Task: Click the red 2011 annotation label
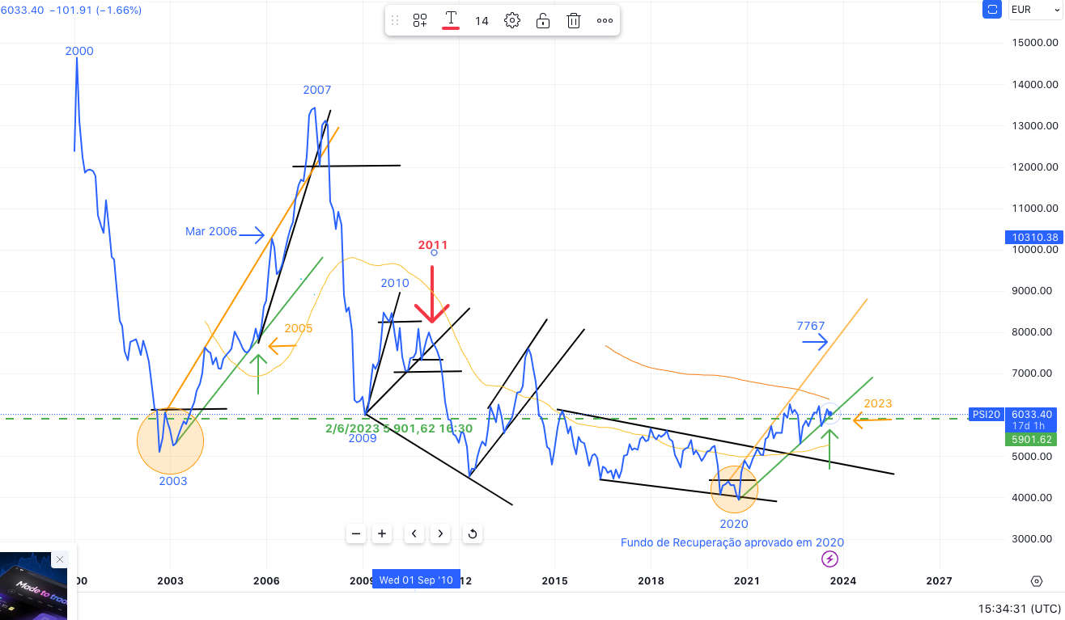click(x=432, y=245)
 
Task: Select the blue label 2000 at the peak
click(x=79, y=51)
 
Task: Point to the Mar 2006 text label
click(x=211, y=231)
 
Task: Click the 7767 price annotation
click(x=810, y=327)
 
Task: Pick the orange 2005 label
click(x=298, y=328)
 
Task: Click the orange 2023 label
click(x=877, y=403)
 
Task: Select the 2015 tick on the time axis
click(x=554, y=580)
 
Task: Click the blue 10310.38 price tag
click(x=1035, y=238)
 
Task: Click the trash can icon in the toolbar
click(x=574, y=21)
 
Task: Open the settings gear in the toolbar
click(x=512, y=21)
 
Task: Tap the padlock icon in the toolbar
click(x=543, y=21)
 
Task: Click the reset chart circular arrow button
click(x=472, y=534)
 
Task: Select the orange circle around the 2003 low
click(x=170, y=441)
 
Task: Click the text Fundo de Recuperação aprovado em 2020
click(x=732, y=542)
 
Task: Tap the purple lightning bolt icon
click(x=830, y=559)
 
